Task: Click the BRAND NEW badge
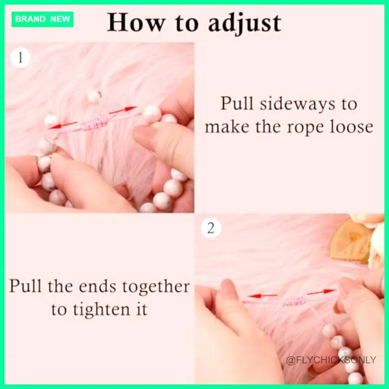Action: pos(42,19)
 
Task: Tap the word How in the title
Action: pos(136,23)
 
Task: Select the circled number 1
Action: pos(20,58)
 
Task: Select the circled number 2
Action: pos(210,228)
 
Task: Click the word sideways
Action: pos(297,104)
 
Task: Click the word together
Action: pos(156,288)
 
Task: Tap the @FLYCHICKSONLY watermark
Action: pos(331,360)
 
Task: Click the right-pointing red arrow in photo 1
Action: pos(123,110)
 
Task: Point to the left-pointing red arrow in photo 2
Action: pos(263,296)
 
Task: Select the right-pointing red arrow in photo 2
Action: pos(322,292)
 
